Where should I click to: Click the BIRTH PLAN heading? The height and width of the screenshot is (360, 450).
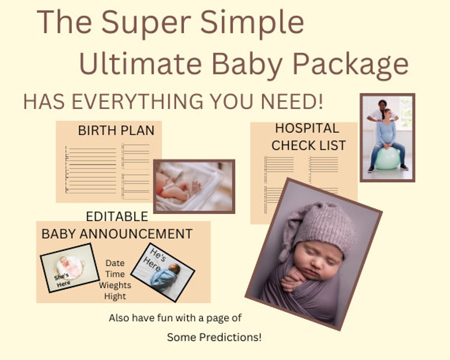coord(116,130)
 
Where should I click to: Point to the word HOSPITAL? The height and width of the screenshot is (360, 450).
coord(307,128)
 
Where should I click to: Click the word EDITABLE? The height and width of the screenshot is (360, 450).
coord(117,216)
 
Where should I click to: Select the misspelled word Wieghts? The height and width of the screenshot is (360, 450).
coord(115,285)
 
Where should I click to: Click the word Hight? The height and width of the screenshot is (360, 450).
coord(115,296)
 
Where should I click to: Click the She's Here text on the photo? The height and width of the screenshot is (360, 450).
coord(62,280)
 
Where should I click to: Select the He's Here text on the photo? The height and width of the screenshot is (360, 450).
coord(152,259)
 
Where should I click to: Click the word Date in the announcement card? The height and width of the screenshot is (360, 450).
coord(115,263)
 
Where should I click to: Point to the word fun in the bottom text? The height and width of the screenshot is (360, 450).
coord(159,318)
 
